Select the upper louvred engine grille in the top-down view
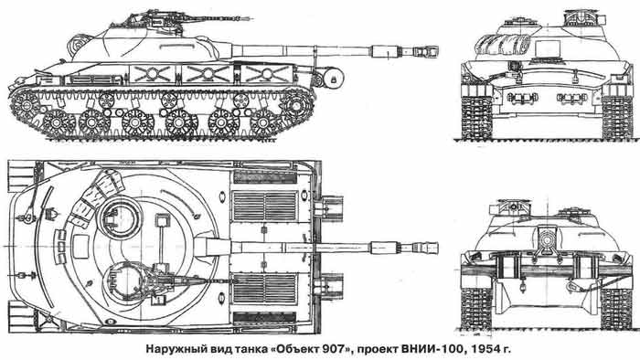pyautogui.click(x=265, y=206)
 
